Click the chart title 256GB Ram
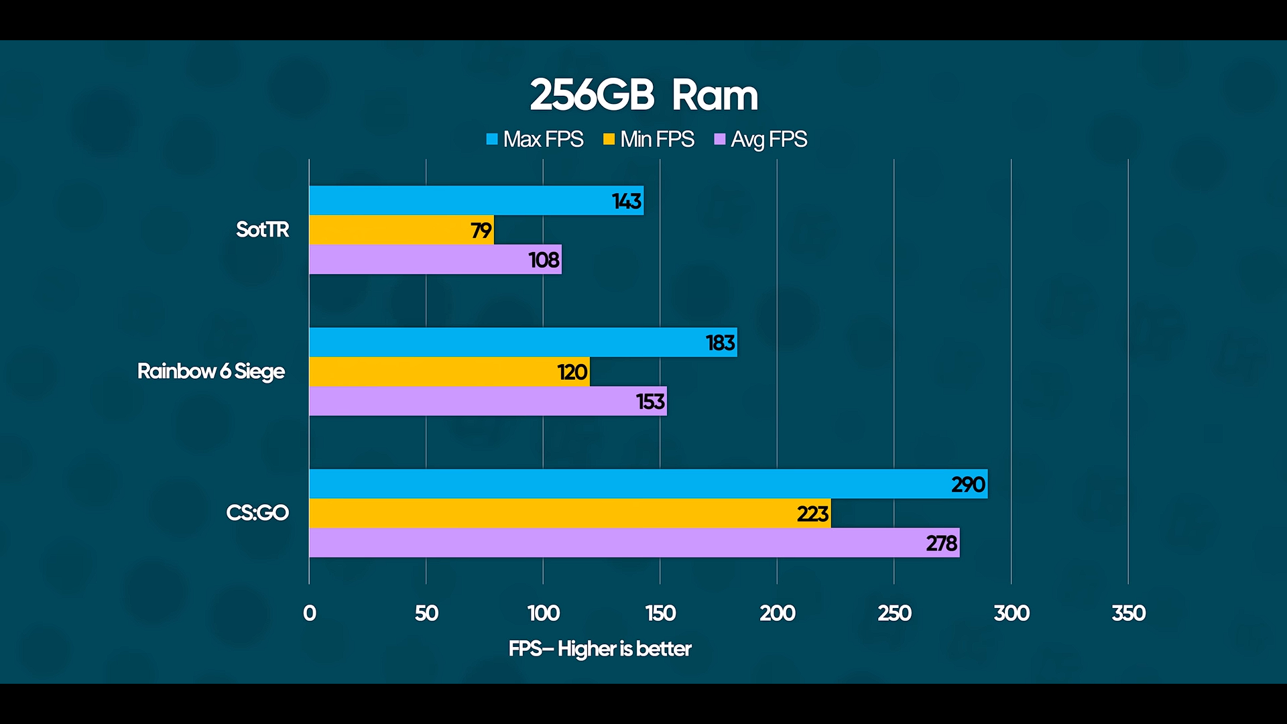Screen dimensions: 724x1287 point(643,95)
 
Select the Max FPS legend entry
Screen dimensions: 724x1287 point(535,139)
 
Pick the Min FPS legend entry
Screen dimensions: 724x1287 point(649,139)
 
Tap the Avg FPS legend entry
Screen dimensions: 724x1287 point(761,139)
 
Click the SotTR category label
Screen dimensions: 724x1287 point(262,230)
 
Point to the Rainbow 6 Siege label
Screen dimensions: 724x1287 point(210,371)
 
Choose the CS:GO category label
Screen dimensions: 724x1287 point(257,513)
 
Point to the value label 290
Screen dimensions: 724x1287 point(968,485)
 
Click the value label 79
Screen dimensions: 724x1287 point(481,231)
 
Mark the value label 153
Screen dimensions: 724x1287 point(650,402)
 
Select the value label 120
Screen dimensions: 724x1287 point(572,372)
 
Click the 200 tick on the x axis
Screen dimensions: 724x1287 point(778,613)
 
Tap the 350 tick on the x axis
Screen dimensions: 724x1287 point(1129,613)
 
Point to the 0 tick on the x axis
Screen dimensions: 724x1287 point(310,613)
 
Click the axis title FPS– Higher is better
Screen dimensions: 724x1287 point(600,649)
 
